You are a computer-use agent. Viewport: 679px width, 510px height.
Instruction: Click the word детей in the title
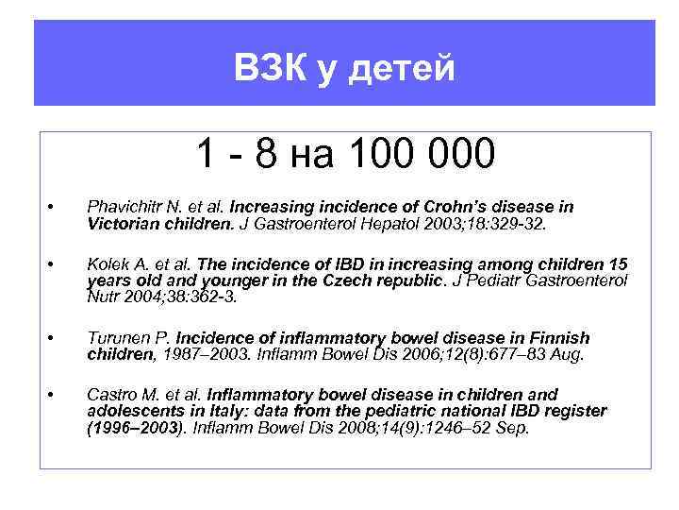(406, 68)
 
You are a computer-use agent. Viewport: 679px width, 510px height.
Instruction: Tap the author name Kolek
(108, 263)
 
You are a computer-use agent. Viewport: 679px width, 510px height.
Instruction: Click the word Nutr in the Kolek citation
(105, 297)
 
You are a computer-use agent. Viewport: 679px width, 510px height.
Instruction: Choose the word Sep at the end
(513, 428)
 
